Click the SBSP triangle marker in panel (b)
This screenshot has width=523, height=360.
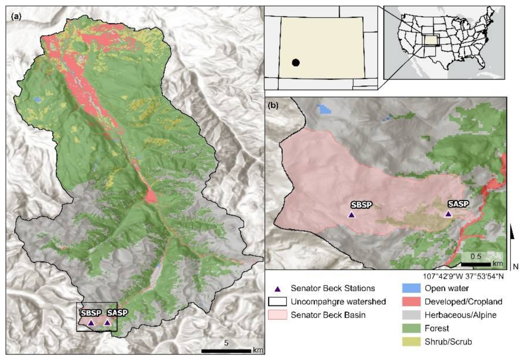[x=351, y=215]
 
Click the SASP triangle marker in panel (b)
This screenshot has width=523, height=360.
[x=448, y=214]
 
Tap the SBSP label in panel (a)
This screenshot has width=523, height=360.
[x=91, y=313]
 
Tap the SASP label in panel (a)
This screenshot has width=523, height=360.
[x=117, y=313]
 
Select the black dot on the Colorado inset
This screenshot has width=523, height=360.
[x=295, y=63]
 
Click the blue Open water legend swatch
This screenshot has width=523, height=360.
[x=411, y=288]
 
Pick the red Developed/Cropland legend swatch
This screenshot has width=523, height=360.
[x=411, y=302]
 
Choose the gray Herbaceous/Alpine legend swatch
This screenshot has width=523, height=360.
[x=411, y=315]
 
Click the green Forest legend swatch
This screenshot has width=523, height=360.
[x=411, y=328]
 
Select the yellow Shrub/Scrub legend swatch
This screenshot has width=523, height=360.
[x=411, y=342]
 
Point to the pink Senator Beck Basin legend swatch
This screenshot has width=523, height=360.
[x=277, y=315]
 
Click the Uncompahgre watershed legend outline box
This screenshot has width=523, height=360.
[x=277, y=302]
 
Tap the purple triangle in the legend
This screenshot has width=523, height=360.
[x=278, y=289]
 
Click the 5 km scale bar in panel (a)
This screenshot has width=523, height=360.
[x=226, y=351]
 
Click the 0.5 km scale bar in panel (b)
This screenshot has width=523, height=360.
[x=476, y=264]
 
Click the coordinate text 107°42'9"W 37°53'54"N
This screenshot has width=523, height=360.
[x=463, y=276]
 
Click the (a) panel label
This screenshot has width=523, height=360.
[x=16, y=17]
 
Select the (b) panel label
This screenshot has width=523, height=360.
[x=273, y=105]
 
